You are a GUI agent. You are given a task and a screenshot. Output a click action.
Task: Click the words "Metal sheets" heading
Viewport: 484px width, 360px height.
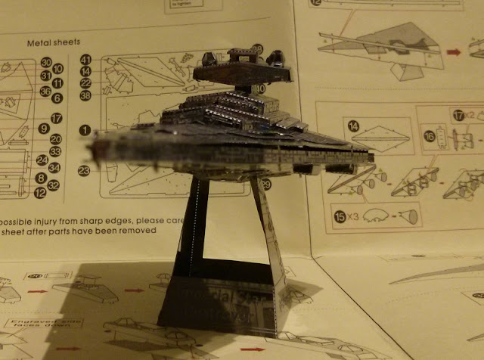tap(53, 42)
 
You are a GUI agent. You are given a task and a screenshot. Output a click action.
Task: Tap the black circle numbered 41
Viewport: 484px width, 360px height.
tap(85, 59)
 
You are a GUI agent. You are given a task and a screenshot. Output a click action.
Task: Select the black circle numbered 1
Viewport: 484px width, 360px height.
tap(84, 130)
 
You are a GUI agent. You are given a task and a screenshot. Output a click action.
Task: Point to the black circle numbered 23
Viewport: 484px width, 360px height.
tap(84, 171)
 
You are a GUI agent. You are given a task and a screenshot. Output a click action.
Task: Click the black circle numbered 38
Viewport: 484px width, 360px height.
tap(85, 95)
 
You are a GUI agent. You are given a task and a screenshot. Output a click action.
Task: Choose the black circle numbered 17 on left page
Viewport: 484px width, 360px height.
tap(55, 118)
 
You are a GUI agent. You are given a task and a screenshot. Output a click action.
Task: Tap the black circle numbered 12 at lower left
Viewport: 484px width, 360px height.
tap(40, 193)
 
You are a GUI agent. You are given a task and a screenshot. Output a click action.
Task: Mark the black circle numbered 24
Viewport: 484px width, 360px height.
tap(42, 160)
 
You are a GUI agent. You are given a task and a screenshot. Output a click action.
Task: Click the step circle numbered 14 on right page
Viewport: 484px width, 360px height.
tap(353, 125)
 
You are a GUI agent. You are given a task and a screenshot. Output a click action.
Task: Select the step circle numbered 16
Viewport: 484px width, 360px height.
tap(430, 136)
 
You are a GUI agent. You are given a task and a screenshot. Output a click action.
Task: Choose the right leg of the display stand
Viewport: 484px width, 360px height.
tap(269, 227)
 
